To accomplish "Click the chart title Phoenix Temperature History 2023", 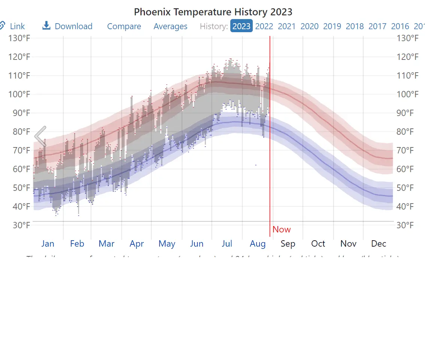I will point(213,12).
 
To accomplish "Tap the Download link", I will point(73,27).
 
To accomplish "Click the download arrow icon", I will point(46,25).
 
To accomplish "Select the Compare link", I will point(124,27).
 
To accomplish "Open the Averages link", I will point(170,27).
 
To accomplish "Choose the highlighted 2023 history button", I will point(242,26).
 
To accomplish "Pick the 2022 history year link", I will point(264,27).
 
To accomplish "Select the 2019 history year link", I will point(332,27).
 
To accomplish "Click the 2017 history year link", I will point(377,27).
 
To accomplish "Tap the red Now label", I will point(282,229).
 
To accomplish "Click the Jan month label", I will point(48,244).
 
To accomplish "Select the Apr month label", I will point(137,244).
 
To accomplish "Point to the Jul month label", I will point(227,244).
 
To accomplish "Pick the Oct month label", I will point(318,244).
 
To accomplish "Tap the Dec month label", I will point(379,244).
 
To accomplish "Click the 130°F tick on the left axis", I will point(19,38).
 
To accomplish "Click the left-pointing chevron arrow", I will point(40,136).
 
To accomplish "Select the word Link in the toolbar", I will point(17,27).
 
